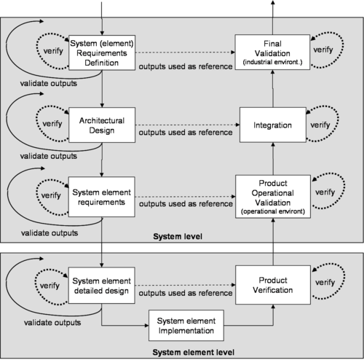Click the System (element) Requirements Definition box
(x=102, y=52)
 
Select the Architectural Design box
(x=102, y=125)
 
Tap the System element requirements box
(x=102, y=197)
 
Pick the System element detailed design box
(x=102, y=286)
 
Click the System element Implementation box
(x=186, y=326)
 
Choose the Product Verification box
(x=273, y=285)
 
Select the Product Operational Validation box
(x=273, y=197)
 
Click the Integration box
(x=273, y=125)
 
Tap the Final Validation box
(x=272, y=52)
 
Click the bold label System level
(x=178, y=236)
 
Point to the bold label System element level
(x=194, y=352)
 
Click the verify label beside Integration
(x=320, y=125)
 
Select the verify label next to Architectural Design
(x=52, y=124)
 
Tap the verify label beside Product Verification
(x=325, y=283)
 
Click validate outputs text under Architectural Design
(x=49, y=156)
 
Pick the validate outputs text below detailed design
(x=52, y=323)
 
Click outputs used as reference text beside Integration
(x=186, y=133)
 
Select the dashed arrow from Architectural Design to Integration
(x=187, y=125)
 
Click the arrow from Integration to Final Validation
(x=273, y=89)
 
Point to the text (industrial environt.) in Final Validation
(x=272, y=62)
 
